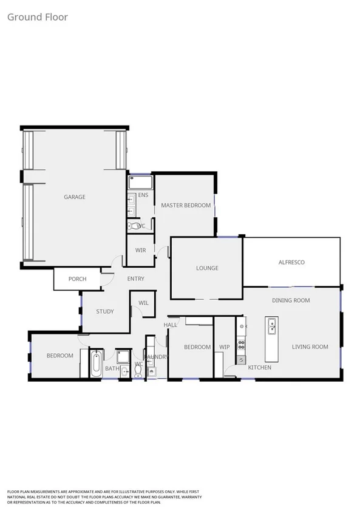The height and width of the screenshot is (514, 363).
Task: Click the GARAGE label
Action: pyautogui.click(x=75, y=197)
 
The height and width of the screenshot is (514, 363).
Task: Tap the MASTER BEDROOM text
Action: pyautogui.click(x=186, y=205)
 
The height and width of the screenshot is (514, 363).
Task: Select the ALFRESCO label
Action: pyautogui.click(x=291, y=262)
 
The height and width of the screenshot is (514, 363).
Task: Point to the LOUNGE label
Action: pyautogui.click(x=207, y=268)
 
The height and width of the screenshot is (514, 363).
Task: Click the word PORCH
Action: pyautogui.click(x=77, y=279)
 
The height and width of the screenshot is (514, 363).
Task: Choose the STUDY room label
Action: pyautogui.click(x=105, y=311)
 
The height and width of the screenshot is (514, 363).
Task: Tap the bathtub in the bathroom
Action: pyautogui.click(x=96, y=364)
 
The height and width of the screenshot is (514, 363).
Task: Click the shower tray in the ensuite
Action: pyautogui.click(x=140, y=182)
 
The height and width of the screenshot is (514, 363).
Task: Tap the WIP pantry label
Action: pyautogui.click(x=224, y=347)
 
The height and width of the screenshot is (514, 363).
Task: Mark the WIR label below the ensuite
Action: pyautogui.click(x=140, y=249)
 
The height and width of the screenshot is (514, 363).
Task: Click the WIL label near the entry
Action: pyautogui.click(x=144, y=302)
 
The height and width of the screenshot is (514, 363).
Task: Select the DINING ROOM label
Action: pyautogui.click(x=291, y=300)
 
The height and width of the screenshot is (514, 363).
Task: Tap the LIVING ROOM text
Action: pyautogui.click(x=310, y=347)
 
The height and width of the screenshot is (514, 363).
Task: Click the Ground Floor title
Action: pyautogui.click(x=37, y=17)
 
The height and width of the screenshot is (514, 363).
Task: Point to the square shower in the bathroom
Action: pyautogui.click(x=124, y=356)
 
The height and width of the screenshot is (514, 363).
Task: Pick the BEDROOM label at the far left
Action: pyautogui.click(x=59, y=356)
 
